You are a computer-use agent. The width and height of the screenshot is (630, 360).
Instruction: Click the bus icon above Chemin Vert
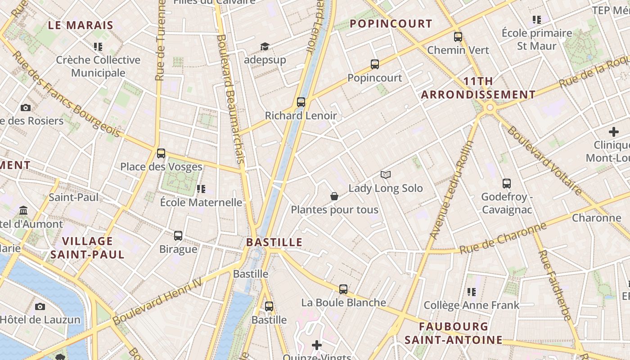pos(458,37)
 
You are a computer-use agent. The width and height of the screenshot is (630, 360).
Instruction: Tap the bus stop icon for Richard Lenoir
pos(301,102)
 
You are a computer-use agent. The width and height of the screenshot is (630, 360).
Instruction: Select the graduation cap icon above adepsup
pos(265,47)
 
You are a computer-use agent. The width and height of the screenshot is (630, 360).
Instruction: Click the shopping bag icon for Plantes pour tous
pos(334,196)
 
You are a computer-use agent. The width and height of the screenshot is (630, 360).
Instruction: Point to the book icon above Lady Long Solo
pos(386,175)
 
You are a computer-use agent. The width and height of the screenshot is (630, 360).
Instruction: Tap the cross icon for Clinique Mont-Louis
pos(614,132)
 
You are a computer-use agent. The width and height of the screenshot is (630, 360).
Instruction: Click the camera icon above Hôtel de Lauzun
pos(40,306)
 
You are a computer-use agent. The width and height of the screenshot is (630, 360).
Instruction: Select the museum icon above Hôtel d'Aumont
pos(23,210)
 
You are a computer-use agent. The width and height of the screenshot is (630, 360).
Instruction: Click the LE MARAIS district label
pos(81,25)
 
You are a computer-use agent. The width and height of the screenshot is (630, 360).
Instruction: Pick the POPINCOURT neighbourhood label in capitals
pos(391,23)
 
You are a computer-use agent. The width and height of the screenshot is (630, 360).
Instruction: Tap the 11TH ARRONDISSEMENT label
pos(478,88)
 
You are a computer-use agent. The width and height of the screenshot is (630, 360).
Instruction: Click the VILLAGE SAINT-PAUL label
pos(87,248)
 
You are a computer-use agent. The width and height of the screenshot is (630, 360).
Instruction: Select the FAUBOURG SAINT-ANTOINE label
pos(453,333)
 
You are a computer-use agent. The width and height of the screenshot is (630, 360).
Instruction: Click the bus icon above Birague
pos(178,235)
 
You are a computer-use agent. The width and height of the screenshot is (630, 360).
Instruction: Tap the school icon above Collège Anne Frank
pos(472,292)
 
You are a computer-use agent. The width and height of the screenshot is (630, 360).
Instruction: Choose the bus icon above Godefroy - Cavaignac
pos(507,183)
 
